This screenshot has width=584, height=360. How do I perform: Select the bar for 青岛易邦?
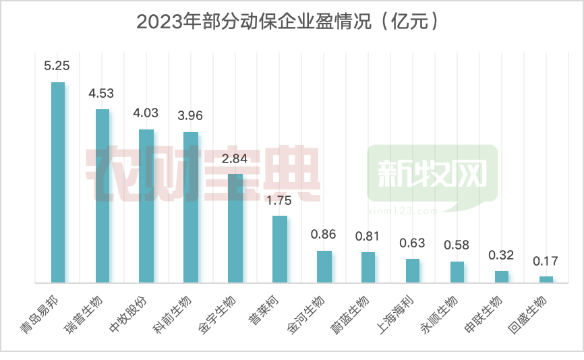[58, 182]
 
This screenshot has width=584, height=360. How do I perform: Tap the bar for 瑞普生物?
[103, 196]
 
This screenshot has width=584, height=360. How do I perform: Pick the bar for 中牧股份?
[146, 206]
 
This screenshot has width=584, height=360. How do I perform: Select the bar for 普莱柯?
[280, 249]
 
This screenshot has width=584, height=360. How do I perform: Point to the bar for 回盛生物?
[546, 279]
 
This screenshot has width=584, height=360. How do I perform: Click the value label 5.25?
[57, 66]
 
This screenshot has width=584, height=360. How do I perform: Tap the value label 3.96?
[189, 115]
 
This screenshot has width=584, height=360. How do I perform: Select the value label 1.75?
[279, 200]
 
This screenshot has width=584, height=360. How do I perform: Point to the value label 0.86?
[324, 235]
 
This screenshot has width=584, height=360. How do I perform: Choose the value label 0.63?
[413, 243]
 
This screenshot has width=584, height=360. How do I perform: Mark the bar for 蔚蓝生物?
[368, 267]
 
